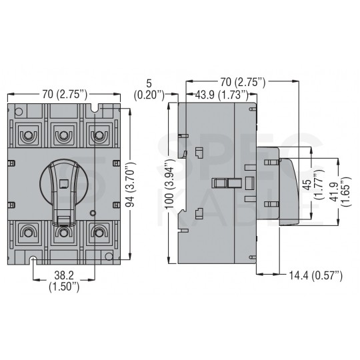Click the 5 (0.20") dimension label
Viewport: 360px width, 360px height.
(x=155, y=89)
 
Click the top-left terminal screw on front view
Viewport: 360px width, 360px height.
(x=28, y=135)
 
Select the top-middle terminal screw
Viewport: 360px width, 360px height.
(x=63, y=135)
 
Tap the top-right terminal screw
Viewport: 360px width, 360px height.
(x=99, y=135)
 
